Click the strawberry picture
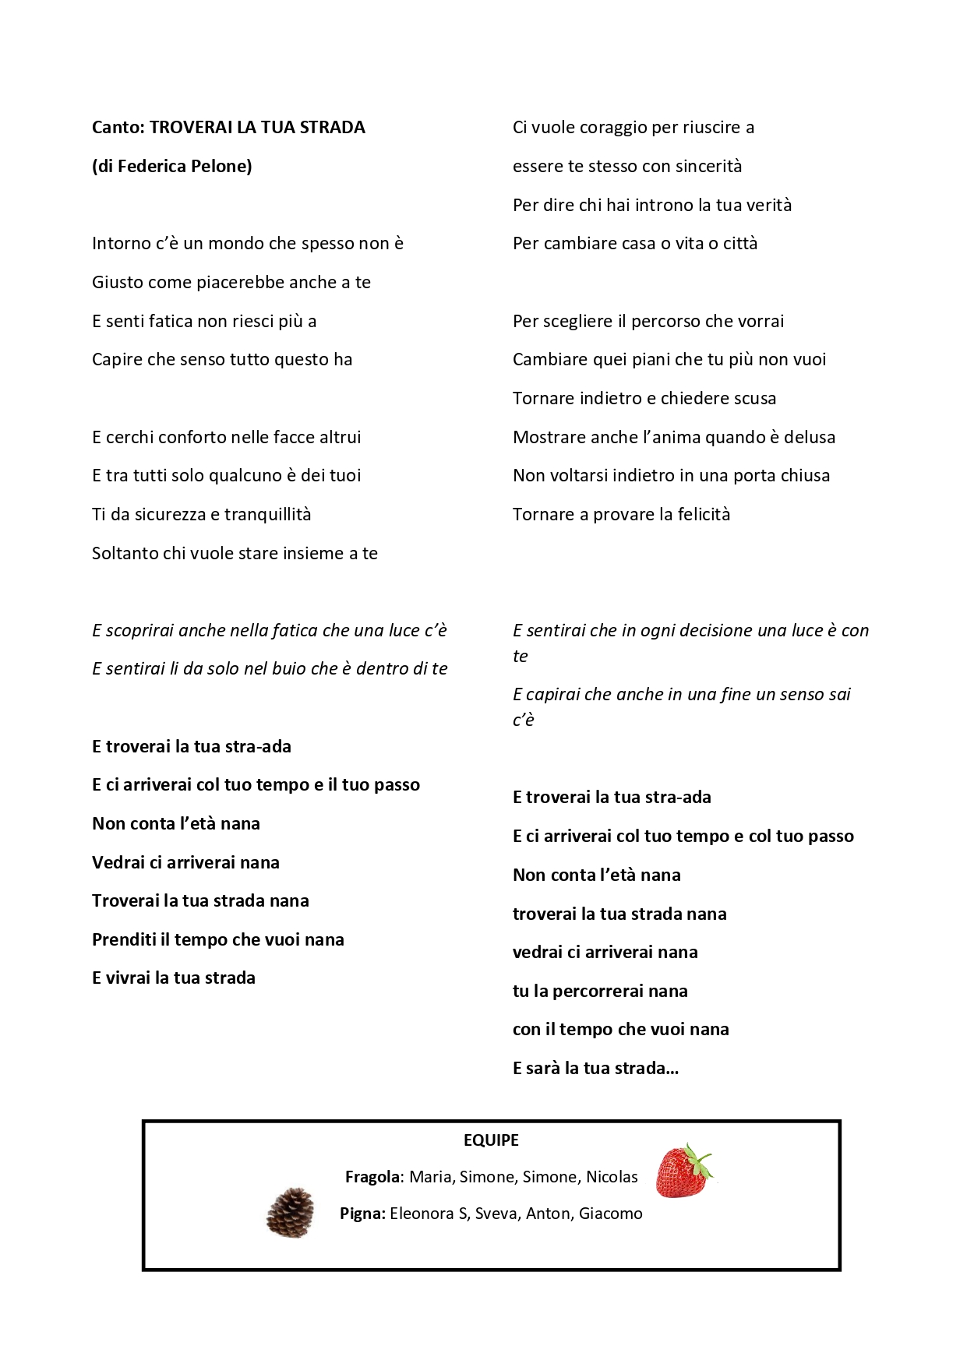click(683, 1171)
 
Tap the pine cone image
click(291, 1212)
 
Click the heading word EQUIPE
click(491, 1140)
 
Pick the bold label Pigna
click(362, 1214)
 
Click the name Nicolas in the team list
click(612, 1177)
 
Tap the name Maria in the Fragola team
click(429, 1177)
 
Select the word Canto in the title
click(117, 128)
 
